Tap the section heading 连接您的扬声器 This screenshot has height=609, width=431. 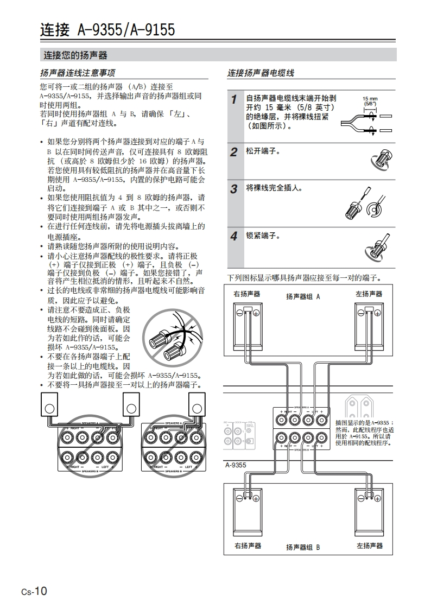point(75,55)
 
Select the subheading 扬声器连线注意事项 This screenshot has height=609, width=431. point(78,73)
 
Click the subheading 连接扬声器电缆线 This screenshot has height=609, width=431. point(261,73)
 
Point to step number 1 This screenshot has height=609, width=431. point(233,99)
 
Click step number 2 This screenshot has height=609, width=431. point(233,152)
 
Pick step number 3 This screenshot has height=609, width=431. point(233,189)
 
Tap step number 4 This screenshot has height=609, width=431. point(233,237)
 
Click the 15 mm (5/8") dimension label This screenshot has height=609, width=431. point(370,101)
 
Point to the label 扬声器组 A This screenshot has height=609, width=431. point(303,297)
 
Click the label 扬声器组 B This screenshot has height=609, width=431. point(303,547)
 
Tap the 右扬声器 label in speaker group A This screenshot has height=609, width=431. point(247,294)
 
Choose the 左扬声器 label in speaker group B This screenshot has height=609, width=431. point(370,545)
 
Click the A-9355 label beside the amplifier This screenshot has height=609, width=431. point(236,465)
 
